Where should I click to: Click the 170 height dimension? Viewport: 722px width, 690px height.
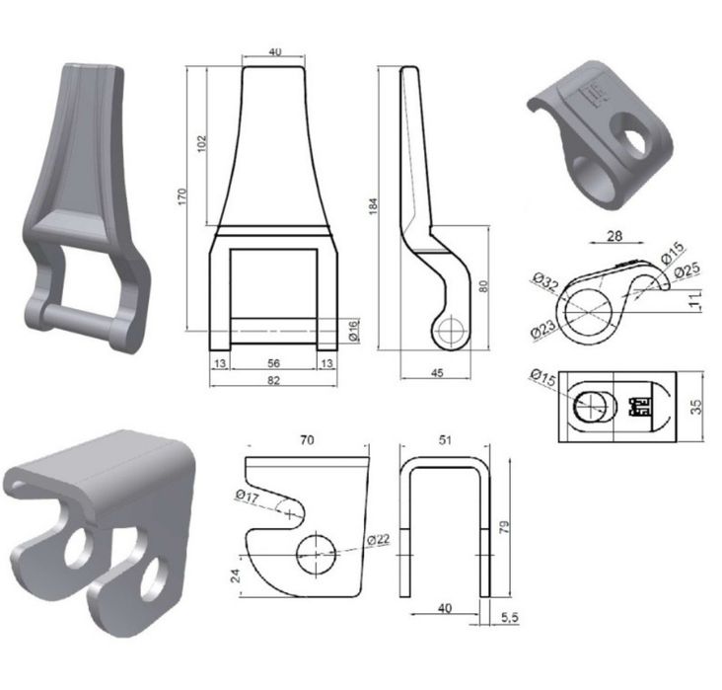(x=182, y=196)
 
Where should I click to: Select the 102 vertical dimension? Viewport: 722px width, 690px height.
(x=201, y=144)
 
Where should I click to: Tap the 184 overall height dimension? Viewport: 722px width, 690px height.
(x=374, y=205)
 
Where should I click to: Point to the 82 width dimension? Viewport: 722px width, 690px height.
(x=273, y=380)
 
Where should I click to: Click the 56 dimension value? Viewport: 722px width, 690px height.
(x=273, y=363)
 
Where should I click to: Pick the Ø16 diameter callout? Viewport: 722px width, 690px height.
(x=354, y=331)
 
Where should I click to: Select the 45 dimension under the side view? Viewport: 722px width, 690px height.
(x=437, y=372)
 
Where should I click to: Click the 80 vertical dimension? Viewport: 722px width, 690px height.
(x=483, y=286)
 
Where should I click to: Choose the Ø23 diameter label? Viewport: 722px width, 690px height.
(x=543, y=329)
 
